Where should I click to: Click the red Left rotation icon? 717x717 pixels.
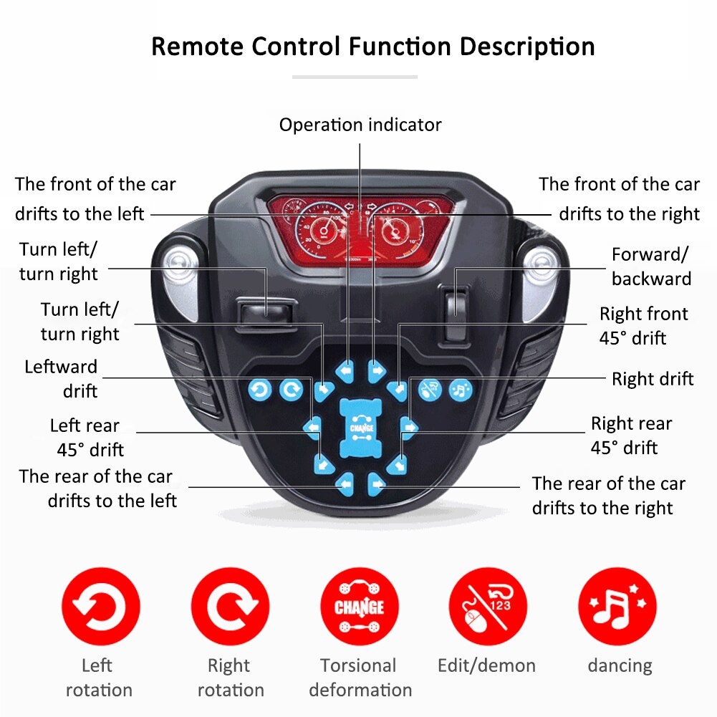pos(101,607)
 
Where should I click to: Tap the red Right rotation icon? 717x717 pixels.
pos(230,607)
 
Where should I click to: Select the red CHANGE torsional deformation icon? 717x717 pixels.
pos(359,607)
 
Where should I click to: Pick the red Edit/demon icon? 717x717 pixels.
pos(488,607)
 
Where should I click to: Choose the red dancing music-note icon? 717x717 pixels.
pos(617,607)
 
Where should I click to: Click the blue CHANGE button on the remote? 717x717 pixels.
pos(358,428)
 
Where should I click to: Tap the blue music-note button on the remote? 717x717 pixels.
pos(460,390)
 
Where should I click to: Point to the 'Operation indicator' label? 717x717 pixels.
pos(360,125)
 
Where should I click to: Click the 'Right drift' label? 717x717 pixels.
pos(653,379)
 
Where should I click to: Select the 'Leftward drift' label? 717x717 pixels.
pos(62,379)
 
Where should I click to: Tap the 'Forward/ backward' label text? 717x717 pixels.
pos(651,266)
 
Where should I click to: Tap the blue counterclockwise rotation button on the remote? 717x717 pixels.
pos(259,390)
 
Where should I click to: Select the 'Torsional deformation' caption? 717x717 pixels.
pos(360,678)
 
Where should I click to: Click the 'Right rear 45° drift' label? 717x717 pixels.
pos(630,436)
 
